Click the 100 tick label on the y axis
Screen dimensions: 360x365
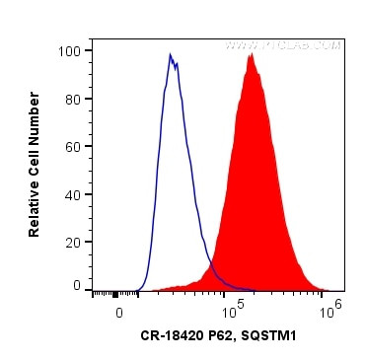click(71, 49)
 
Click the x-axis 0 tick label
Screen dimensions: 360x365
click(119, 313)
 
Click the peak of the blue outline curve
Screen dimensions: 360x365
click(170, 55)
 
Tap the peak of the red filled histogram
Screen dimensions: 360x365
click(252, 55)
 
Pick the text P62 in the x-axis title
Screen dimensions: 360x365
click(224, 336)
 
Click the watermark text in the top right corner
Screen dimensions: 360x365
click(282, 45)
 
